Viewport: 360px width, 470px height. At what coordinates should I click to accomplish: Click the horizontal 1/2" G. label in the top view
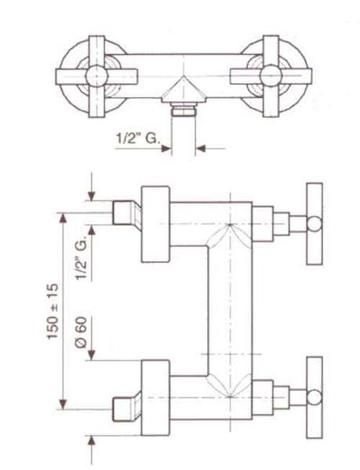click(136, 138)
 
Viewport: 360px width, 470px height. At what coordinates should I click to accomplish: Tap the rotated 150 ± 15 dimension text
click(53, 312)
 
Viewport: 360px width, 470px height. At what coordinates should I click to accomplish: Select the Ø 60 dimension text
click(81, 332)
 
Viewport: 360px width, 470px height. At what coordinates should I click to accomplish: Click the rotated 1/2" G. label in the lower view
click(81, 258)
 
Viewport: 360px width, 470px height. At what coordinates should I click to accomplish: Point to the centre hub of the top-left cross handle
click(96, 76)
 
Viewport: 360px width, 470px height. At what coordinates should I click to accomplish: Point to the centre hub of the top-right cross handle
click(271, 76)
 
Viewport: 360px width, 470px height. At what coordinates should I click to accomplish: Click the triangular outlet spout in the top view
click(184, 89)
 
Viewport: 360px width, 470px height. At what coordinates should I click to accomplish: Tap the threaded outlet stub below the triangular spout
click(184, 109)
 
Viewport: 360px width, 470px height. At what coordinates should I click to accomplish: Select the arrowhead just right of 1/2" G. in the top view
click(166, 148)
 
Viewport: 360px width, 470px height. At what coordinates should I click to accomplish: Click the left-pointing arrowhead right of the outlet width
click(200, 148)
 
